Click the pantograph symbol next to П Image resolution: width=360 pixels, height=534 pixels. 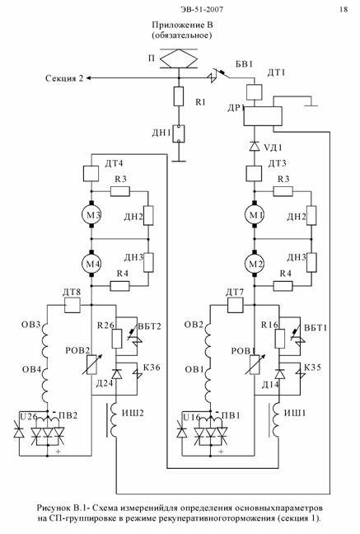pos(179,59)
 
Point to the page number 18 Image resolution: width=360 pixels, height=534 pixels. pos(344,9)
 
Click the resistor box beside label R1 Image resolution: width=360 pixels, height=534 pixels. pos(179,96)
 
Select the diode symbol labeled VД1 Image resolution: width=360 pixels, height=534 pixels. pos(254,147)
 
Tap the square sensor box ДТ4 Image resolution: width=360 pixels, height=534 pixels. pos(91,174)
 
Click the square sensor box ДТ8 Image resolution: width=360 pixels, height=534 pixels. pos(72,305)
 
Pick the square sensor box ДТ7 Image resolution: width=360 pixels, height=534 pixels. pos(235,305)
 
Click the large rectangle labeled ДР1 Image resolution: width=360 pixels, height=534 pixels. pos(263,116)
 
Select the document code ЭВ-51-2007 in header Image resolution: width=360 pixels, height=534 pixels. pos(202,9)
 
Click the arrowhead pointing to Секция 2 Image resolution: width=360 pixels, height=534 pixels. pos(88,78)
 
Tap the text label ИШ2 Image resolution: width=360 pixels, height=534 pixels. pos(133,413)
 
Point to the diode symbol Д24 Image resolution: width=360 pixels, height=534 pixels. pos(117,374)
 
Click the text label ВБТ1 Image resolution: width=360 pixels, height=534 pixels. pos(316,328)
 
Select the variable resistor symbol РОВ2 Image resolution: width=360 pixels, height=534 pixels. pos(91,364)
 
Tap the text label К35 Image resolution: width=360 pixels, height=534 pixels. pos(312,368)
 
